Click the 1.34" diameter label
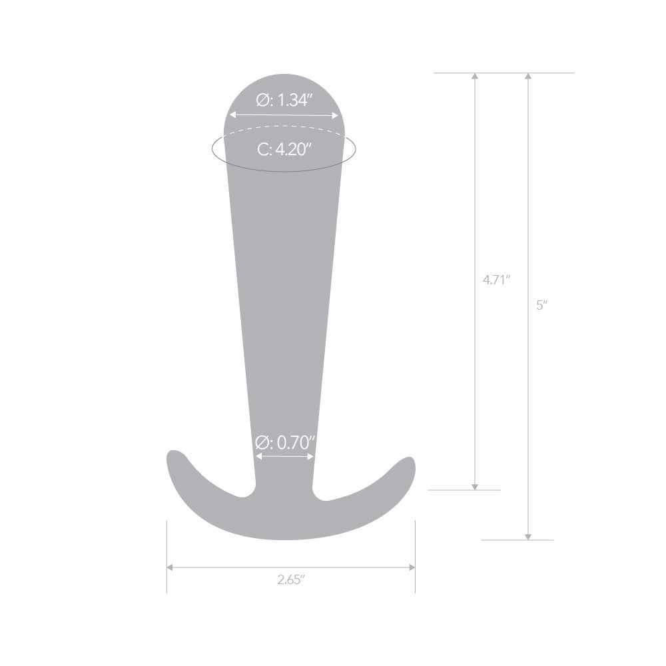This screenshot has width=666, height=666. pyautogui.click(x=284, y=101)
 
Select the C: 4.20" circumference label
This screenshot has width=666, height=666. pyautogui.click(x=284, y=150)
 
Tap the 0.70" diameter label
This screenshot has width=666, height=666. pyautogui.click(x=284, y=442)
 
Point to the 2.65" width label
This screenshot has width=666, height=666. pyautogui.click(x=291, y=579)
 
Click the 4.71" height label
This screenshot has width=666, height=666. pyautogui.click(x=496, y=280)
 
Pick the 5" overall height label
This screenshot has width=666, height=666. pyautogui.click(x=541, y=306)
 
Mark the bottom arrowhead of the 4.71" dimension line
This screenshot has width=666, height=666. pyautogui.click(x=475, y=486)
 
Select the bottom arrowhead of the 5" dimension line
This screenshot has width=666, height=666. pyautogui.click(x=528, y=536)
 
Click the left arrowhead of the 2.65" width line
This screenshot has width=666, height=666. pyautogui.click(x=170, y=567)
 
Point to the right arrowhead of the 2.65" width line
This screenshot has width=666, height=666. pyautogui.click(x=412, y=567)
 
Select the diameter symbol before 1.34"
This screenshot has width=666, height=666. pyautogui.click(x=262, y=101)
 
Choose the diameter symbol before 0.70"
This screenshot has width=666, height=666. pyautogui.click(x=262, y=442)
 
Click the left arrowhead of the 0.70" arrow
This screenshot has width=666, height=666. pyautogui.click(x=258, y=457)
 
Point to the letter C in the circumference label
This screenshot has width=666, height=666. pyautogui.click(x=263, y=150)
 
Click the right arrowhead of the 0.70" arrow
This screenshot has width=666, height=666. pyautogui.click(x=311, y=457)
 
